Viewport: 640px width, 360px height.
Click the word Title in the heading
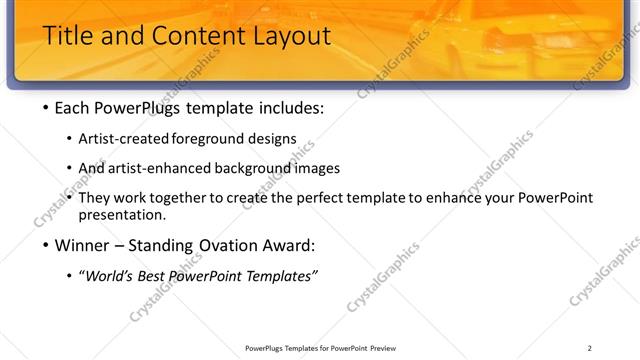(x=70, y=37)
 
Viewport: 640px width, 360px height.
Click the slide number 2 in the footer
(x=589, y=348)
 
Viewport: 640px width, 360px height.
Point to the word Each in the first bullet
(x=75, y=108)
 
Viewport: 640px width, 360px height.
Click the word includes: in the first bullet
(x=290, y=108)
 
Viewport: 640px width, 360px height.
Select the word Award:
(x=290, y=246)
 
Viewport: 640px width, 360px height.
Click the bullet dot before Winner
(x=46, y=246)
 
